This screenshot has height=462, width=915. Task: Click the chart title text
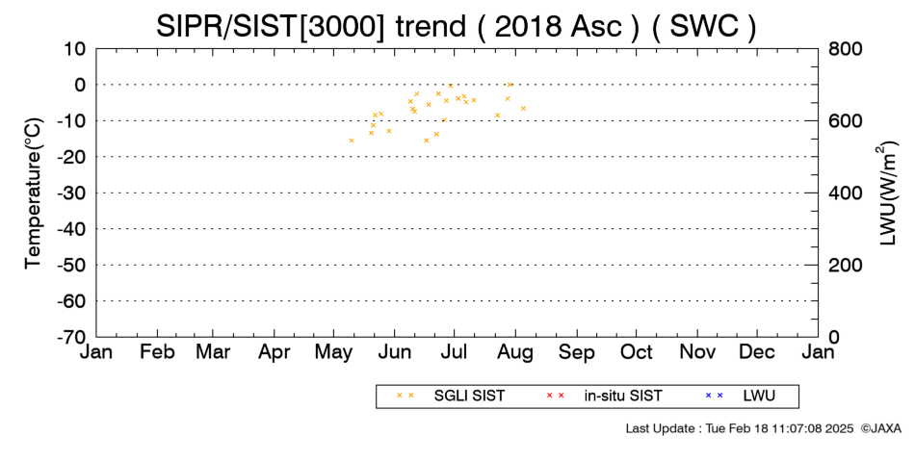(456, 26)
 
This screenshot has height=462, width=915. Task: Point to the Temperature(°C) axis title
(35, 193)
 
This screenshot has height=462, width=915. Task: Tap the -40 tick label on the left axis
(72, 229)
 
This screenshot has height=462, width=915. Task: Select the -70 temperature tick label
(72, 337)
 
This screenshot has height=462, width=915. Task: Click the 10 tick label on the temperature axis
(75, 49)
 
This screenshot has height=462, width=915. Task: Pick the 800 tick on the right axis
(846, 49)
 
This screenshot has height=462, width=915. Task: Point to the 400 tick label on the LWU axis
(846, 193)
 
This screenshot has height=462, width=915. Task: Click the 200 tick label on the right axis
(846, 266)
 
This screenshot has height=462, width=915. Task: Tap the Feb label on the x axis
(157, 352)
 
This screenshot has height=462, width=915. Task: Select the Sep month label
(577, 352)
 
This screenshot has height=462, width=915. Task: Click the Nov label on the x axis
(697, 352)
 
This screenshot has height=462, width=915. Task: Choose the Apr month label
(274, 352)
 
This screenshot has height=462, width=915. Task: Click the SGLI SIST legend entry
(469, 397)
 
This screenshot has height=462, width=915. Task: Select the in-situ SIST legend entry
(622, 397)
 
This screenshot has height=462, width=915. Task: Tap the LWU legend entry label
(759, 397)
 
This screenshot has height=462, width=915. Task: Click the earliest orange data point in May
(352, 141)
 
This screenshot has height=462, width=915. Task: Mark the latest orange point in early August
(523, 109)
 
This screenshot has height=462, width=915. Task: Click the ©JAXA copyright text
(880, 428)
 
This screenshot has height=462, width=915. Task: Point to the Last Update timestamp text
(740, 428)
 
